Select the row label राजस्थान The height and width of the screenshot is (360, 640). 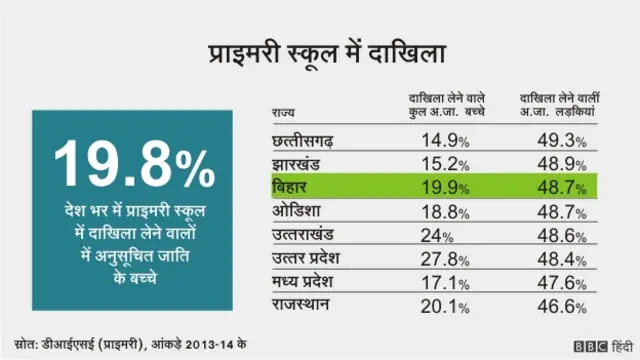click(304, 305)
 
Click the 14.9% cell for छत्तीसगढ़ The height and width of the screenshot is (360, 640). click(444, 140)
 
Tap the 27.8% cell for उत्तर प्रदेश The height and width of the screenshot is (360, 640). click(444, 259)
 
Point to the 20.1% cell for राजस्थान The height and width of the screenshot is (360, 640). click(444, 305)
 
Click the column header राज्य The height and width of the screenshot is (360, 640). click(283, 113)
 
